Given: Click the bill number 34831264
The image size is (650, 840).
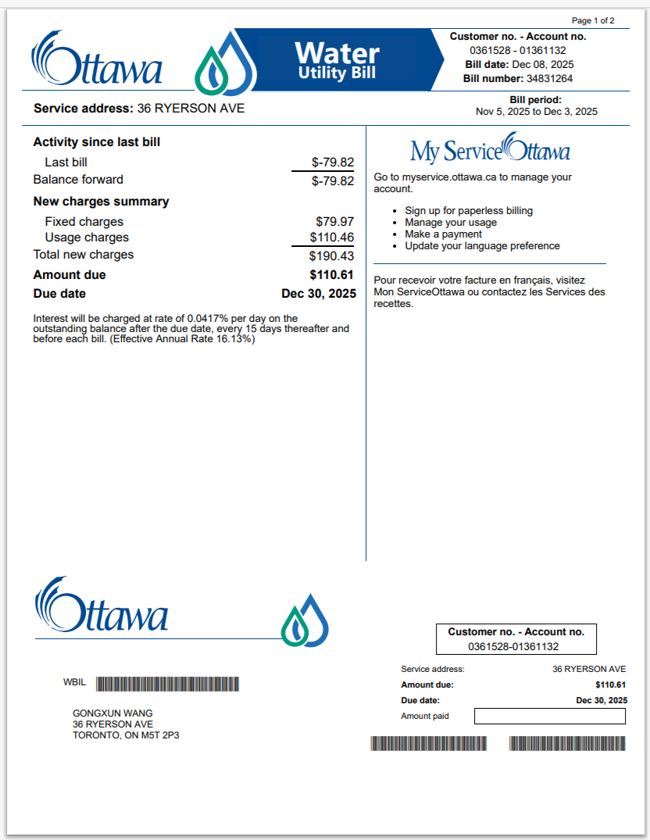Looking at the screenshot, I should pyautogui.click(x=550, y=79).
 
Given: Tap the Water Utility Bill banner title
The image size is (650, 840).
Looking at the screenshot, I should pyautogui.click(x=337, y=59).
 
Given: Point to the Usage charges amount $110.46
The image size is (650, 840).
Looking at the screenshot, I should pyautogui.click(x=331, y=238).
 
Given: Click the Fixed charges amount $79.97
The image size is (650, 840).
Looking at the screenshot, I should pyautogui.click(x=334, y=222).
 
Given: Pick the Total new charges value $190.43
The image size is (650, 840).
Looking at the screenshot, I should pyautogui.click(x=331, y=256).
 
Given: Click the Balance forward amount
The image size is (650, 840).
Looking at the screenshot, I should pyautogui.click(x=332, y=181).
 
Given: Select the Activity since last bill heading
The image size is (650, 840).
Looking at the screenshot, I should pyautogui.click(x=97, y=142).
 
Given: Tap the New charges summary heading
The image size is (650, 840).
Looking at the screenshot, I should pyautogui.click(x=101, y=202).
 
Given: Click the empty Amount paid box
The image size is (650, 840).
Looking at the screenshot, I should pyautogui.click(x=549, y=717).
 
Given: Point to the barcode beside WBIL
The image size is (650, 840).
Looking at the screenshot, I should pyautogui.click(x=167, y=684).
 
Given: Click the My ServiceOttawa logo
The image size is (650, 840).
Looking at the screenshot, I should pyautogui.click(x=490, y=149).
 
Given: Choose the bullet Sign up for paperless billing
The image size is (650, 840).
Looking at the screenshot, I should pyautogui.click(x=469, y=211).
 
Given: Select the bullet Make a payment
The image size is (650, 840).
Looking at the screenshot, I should pyautogui.click(x=443, y=234).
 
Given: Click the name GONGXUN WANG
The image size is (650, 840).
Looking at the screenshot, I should pyautogui.click(x=112, y=713).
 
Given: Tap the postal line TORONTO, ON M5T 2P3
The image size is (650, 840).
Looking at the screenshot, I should pyautogui.click(x=126, y=735).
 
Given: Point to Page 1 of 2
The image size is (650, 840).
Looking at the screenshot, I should pyautogui.click(x=593, y=20).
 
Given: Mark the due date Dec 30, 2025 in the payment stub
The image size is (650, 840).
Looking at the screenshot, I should pyautogui.click(x=602, y=700).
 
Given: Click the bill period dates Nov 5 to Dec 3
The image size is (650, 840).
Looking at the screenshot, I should pyautogui.click(x=536, y=112).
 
